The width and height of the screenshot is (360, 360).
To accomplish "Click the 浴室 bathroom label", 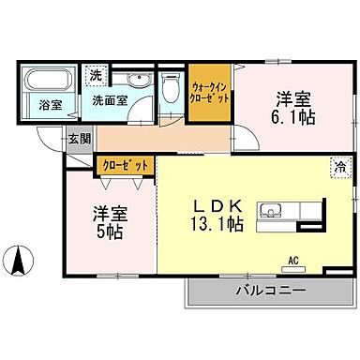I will pos(38,106).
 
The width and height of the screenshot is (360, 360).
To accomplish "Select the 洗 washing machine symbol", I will pos(95,73).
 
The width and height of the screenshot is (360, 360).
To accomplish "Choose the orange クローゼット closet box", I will pos(125,164).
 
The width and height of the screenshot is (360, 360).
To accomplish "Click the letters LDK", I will pos(219,204).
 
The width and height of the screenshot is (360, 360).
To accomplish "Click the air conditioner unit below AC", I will pos(292,270).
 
